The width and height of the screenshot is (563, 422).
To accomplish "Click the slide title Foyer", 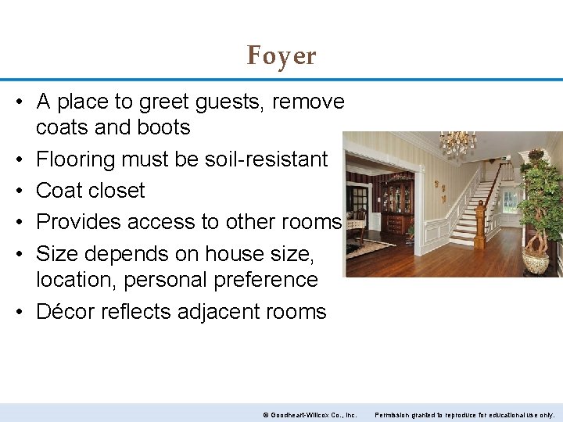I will click(x=281, y=55).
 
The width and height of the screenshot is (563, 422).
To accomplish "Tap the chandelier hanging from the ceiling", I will click(x=457, y=143).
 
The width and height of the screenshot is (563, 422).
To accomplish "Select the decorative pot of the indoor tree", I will click(x=536, y=261).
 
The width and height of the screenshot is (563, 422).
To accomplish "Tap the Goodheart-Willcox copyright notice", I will click(x=310, y=414).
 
